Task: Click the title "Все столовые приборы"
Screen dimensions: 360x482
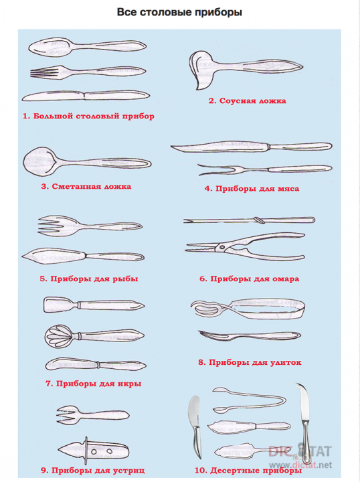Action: tap(180, 12)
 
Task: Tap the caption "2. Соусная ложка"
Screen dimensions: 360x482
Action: tap(248, 101)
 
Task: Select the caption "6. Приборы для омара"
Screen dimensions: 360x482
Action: tap(249, 279)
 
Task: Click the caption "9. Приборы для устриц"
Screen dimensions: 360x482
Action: tap(93, 471)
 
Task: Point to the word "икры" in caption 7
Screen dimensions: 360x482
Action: tap(129, 384)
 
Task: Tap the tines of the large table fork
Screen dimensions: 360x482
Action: tap(45, 73)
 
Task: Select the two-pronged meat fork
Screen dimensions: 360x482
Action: tap(264, 169)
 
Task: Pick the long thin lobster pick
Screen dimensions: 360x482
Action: tap(249, 220)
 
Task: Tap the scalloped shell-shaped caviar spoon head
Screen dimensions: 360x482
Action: tap(59, 336)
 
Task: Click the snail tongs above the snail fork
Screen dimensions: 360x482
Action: tap(248, 308)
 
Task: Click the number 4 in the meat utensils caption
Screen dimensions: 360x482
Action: tap(208, 189)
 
